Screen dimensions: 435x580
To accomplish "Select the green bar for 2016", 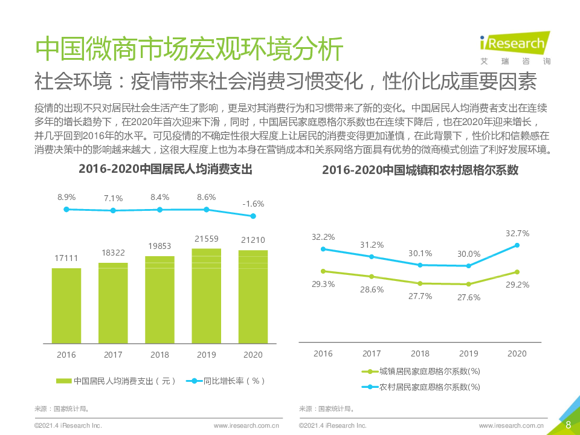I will tap(66, 305).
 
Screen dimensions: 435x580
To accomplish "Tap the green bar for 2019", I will tap(207, 296).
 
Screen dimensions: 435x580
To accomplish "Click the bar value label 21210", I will tap(253, 240).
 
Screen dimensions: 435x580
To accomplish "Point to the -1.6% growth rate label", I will tap(253, 204).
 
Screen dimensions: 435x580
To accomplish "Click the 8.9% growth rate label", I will tap(66, 197).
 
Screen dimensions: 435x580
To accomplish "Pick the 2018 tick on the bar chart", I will tap(159, 355).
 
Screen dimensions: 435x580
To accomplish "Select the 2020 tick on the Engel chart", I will tap(517, 353).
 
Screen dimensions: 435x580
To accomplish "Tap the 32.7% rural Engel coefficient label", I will tap(517, 233).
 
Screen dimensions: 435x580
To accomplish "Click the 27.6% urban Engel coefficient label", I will tap(469, 297).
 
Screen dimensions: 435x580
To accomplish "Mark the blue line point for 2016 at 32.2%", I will tap(323, 249).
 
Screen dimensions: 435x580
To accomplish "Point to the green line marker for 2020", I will tap(517, 272).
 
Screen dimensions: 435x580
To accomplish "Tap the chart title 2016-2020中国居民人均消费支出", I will tap(165, 170).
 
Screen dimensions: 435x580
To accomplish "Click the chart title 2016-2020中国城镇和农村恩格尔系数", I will tap(420, 170).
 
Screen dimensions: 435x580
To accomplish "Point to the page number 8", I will tap(568, 425).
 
